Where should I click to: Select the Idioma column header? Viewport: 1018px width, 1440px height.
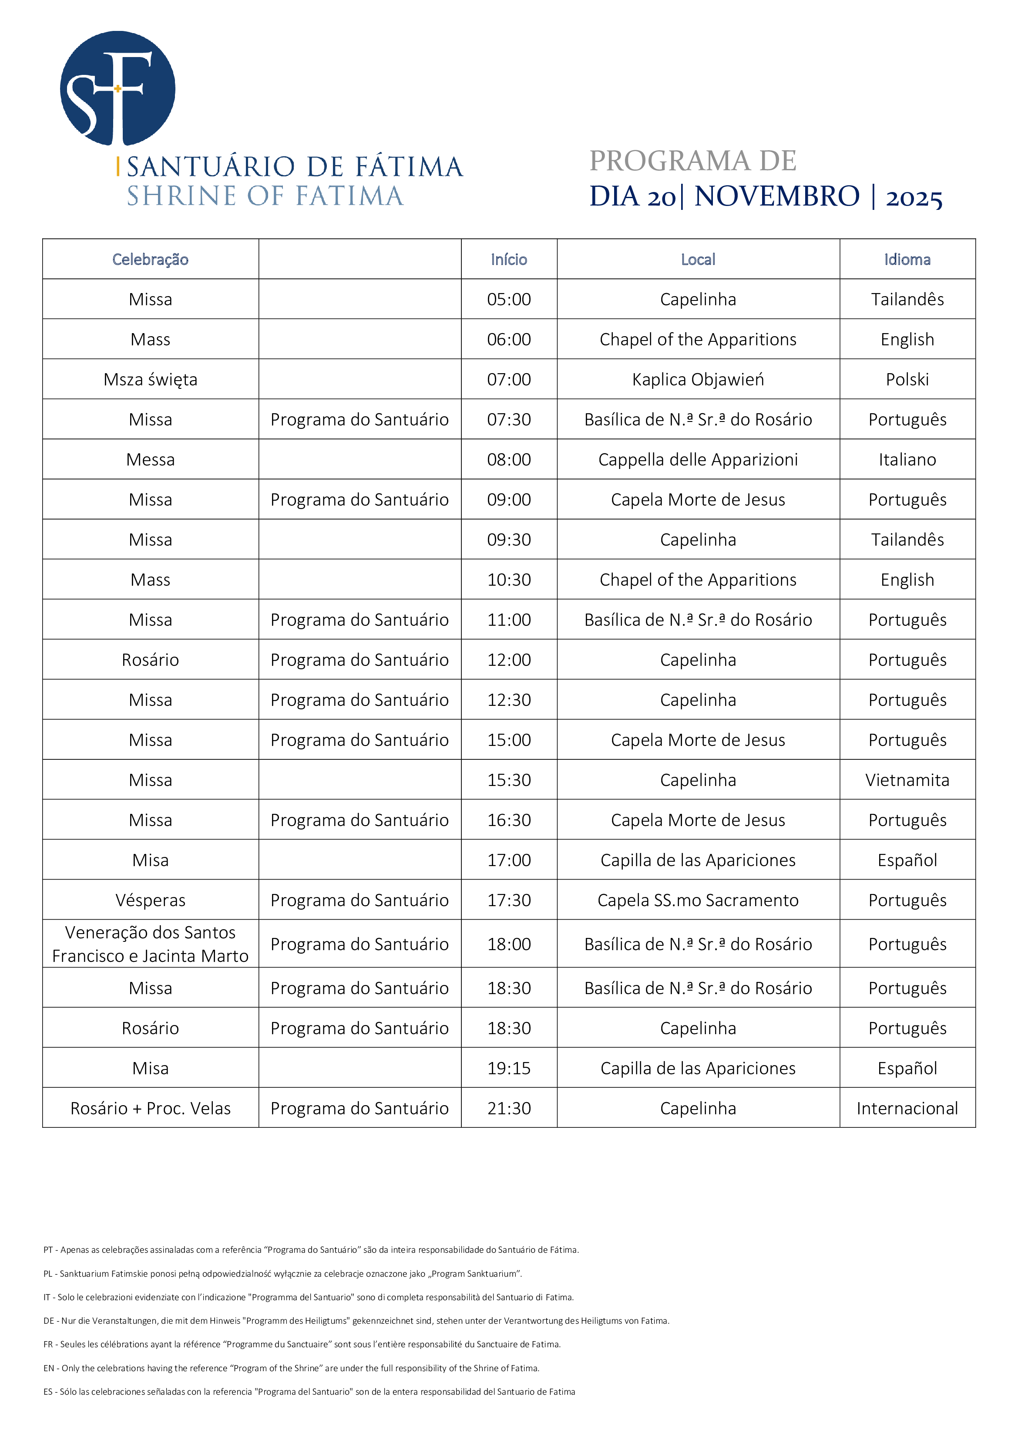(x=907, y=260)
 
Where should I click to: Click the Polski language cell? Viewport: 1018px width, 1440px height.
(x=907, y=379)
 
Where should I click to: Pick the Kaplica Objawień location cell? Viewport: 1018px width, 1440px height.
(x=698, y=379)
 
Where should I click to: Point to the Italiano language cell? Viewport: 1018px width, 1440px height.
(x=907, y=460)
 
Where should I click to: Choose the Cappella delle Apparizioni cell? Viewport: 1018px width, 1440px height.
(x=698, y=460)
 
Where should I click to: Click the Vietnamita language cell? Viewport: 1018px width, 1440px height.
(x=907, y=780)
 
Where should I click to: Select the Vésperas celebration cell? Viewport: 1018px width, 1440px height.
(x=151, y=900)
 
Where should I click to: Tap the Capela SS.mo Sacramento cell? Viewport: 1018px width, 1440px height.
(x=698, y=900)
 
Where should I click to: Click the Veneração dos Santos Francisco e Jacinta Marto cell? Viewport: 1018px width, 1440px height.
(x=151, y=944)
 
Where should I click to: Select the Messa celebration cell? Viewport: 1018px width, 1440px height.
(x=151, y=460)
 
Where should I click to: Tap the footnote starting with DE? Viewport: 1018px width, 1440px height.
(x=356, y=1321)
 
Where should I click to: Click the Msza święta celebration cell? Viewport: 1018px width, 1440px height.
(x=151, y=379)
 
